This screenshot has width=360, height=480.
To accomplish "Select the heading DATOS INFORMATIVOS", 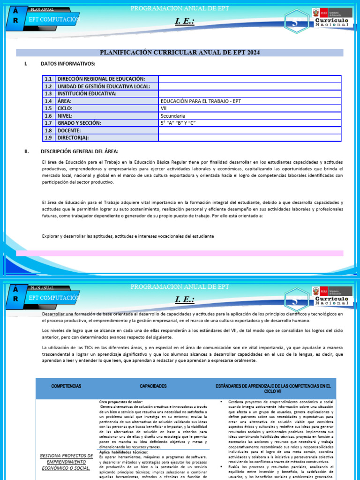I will click(68, 64).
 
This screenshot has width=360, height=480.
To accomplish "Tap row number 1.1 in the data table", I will click(48, 79).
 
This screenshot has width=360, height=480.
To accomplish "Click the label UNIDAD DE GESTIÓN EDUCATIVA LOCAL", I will click(104, 86).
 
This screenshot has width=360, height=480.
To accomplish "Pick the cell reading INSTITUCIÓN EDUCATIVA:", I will click(93, 93).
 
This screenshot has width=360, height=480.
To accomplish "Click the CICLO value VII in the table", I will click(164, 108).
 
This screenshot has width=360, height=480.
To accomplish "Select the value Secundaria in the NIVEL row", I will click(172, 116).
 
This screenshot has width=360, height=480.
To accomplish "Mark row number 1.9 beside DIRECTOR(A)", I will click(48, 138).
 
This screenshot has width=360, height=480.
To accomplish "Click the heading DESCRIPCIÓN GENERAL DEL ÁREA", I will click(80, 151).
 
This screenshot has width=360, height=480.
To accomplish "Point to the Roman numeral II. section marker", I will click(27, 151).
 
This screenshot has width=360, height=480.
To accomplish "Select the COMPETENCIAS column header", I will click(66, 386).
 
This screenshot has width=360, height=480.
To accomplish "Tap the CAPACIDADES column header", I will click(153, 386).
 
